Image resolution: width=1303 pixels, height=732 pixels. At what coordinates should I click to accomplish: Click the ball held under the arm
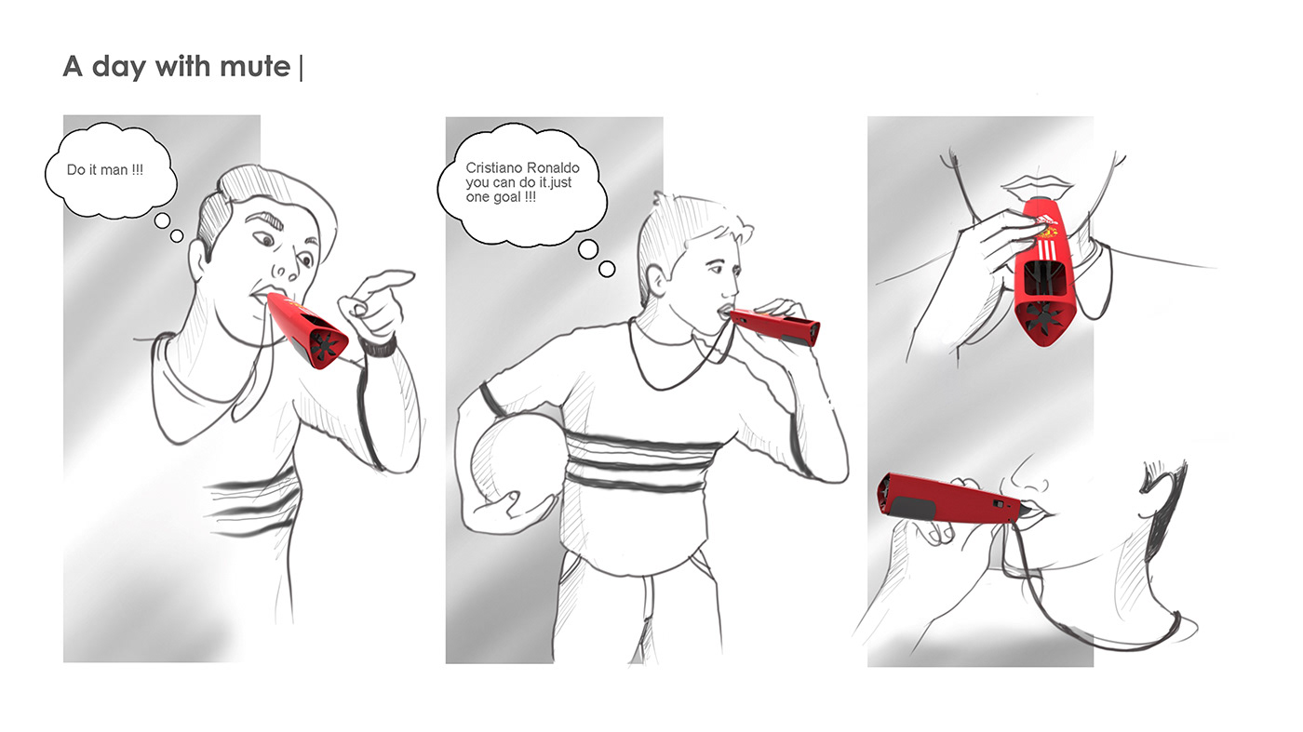(517, 456)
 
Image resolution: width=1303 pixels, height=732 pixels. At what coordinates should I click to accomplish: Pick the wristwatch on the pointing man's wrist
(378, 347)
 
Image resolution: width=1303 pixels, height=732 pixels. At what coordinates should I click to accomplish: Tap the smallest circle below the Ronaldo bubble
(607, 269)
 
